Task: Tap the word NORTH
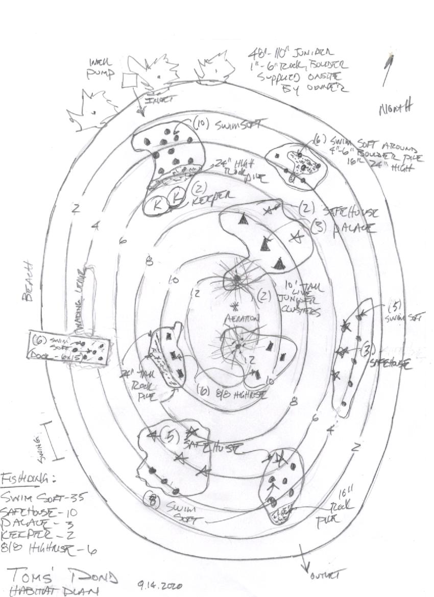tap(396, 108)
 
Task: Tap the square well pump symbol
tap(129, 80)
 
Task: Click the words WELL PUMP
tap(102, 67)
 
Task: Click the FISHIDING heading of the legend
tap(28, 479)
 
